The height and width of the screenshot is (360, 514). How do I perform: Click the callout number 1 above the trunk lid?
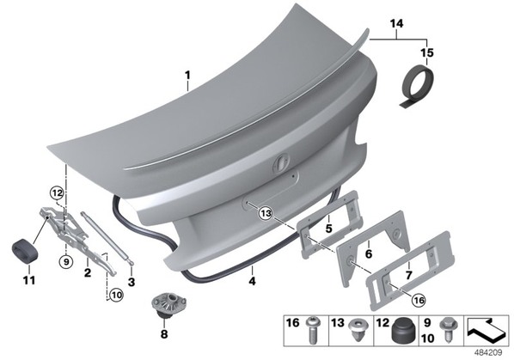click(187, 76)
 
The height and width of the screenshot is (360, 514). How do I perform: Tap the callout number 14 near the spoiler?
click(396, 24)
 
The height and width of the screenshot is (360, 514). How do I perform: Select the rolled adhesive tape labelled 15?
click(417, 86)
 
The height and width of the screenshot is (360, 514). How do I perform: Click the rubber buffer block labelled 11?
click(25, 251)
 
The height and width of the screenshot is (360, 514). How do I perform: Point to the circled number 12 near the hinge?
click(57, 193)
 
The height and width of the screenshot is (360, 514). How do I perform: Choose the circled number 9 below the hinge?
click(66, 262)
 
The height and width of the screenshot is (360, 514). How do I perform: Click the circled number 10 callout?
click(116, 296)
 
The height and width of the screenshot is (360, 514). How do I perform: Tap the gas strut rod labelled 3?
click(107, 237)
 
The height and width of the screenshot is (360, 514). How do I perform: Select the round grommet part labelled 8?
click(168, 305)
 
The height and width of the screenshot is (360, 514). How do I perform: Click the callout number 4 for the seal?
click(252, 281)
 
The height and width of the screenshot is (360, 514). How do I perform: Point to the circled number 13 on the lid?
click(266, 214)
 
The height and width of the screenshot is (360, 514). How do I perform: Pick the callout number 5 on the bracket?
click(329, 229)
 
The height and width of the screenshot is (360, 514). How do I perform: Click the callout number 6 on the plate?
click(369, 253)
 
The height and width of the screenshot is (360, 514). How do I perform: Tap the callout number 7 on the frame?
click(408, 275)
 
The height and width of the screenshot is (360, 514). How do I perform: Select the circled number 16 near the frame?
click(419, 300)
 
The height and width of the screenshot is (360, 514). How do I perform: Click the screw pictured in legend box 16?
click(312, 330)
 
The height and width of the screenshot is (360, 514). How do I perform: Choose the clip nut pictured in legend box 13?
click(358, 330)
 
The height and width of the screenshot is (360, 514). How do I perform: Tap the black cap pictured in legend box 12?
click(402, 331)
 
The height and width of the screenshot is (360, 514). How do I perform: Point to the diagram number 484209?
click(488, 353)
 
